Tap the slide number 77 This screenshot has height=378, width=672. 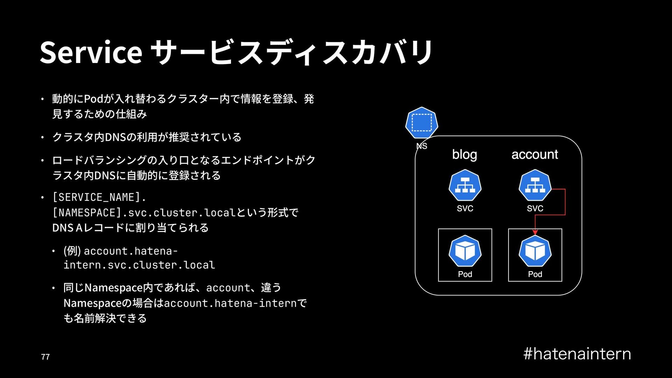click(x=45, y=357)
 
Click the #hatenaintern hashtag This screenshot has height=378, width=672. click(x=577, y=354)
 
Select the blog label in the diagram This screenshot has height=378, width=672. click(x=464, y=154)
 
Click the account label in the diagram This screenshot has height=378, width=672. click(x=534, y=154)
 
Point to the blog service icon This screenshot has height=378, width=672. click(x=465, y=185)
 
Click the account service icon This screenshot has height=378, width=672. click(x=535, y=185)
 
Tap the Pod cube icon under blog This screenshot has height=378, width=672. click(x=465, y=251)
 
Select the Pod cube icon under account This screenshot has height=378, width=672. click(x=535, y=251)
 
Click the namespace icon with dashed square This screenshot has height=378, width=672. click(x=421, y=123)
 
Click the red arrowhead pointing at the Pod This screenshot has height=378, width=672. click(x=535, y=232)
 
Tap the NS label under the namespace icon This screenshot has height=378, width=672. click(x=422, y=146)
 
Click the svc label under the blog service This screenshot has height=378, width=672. click(x=465, y=209)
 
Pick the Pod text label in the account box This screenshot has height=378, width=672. click(x=535, y=274)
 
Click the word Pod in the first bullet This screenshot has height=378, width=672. click(x=94, y=99)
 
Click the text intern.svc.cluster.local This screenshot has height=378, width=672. click(x=139, y=265)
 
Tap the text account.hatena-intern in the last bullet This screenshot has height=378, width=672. click(x=230, y=303)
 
